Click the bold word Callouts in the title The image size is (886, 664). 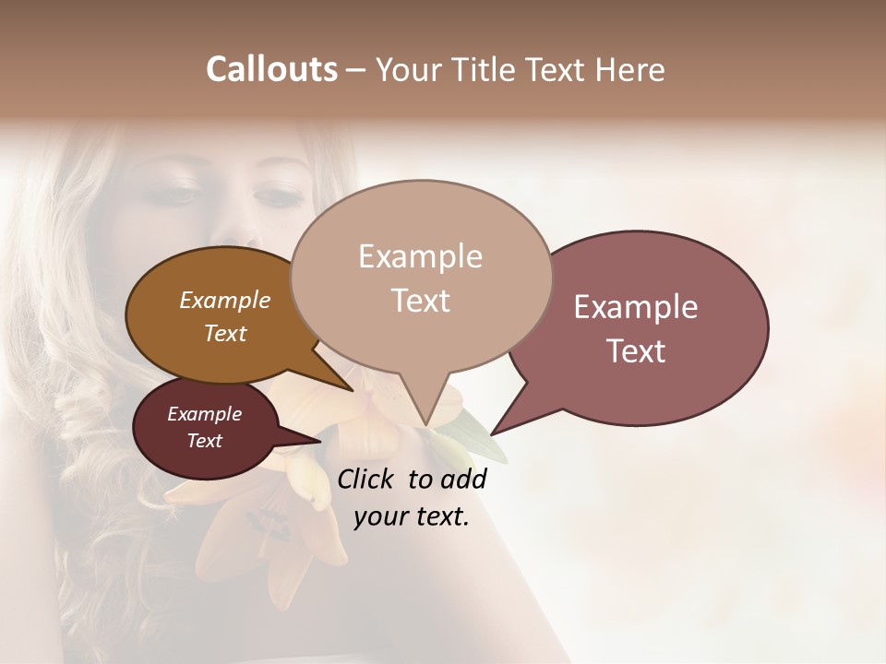(x=271, y=69)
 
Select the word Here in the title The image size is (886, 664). (x=631, y=69)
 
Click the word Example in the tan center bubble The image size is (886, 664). (x=420, y=256)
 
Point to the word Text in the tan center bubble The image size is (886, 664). (x=420, y=301)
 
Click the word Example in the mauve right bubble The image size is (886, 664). (x=636, y=307)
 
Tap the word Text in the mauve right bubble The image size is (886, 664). (x=636, y=351)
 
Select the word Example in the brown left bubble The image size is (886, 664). (x=224, y=300)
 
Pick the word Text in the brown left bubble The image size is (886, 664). (x=224, y=333)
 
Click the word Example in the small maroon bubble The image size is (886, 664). (x=204, y=414)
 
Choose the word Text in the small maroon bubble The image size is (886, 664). (x=204, y=441)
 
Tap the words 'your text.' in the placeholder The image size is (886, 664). (x=412, y=517)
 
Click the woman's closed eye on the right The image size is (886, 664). (x=278, y=196)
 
